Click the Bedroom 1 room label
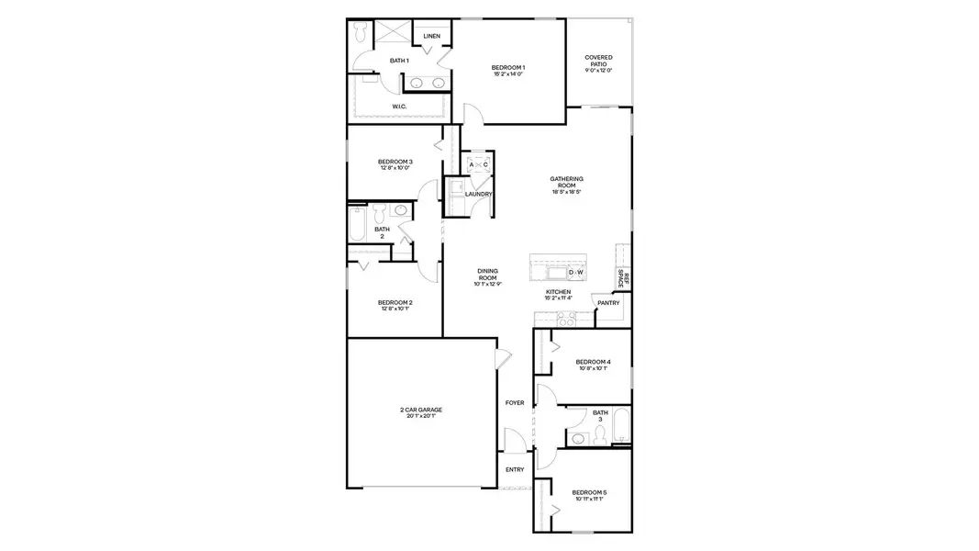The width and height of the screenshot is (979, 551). pyautogui.click(x=507, y=67)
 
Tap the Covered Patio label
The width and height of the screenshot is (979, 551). pyautogui.click(x=598, y=61)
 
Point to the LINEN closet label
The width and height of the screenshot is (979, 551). pyautogui.click(x=432, y=36)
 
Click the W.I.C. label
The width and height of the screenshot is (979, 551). pyautogui.click(x=399, y=107)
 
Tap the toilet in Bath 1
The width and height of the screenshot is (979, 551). pyautogui.click(x=361, y=32)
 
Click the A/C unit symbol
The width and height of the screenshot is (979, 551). pyautogui.click(x=479, y=165)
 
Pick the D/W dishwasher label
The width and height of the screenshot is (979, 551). pyautogui.click(x=576, y=273)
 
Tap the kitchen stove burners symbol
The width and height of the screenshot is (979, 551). pyautogui.click(x=566, y=319)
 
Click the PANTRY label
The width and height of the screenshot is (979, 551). pyautogui.click(x=608, y=303)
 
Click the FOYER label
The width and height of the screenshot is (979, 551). pyautogui.click(x=515, y=402)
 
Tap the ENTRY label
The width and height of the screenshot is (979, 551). pyautogui.click(x=515, y=469)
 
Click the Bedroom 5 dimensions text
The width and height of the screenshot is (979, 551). pyautogui.click(x=591, y=500)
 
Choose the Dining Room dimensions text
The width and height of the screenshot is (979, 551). pyautogui.click(x=487, y=284)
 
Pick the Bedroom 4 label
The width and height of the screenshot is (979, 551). pyautogui.click(x=593, y=362)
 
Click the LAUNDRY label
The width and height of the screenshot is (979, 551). pyautogui.click(x=479, y=194)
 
